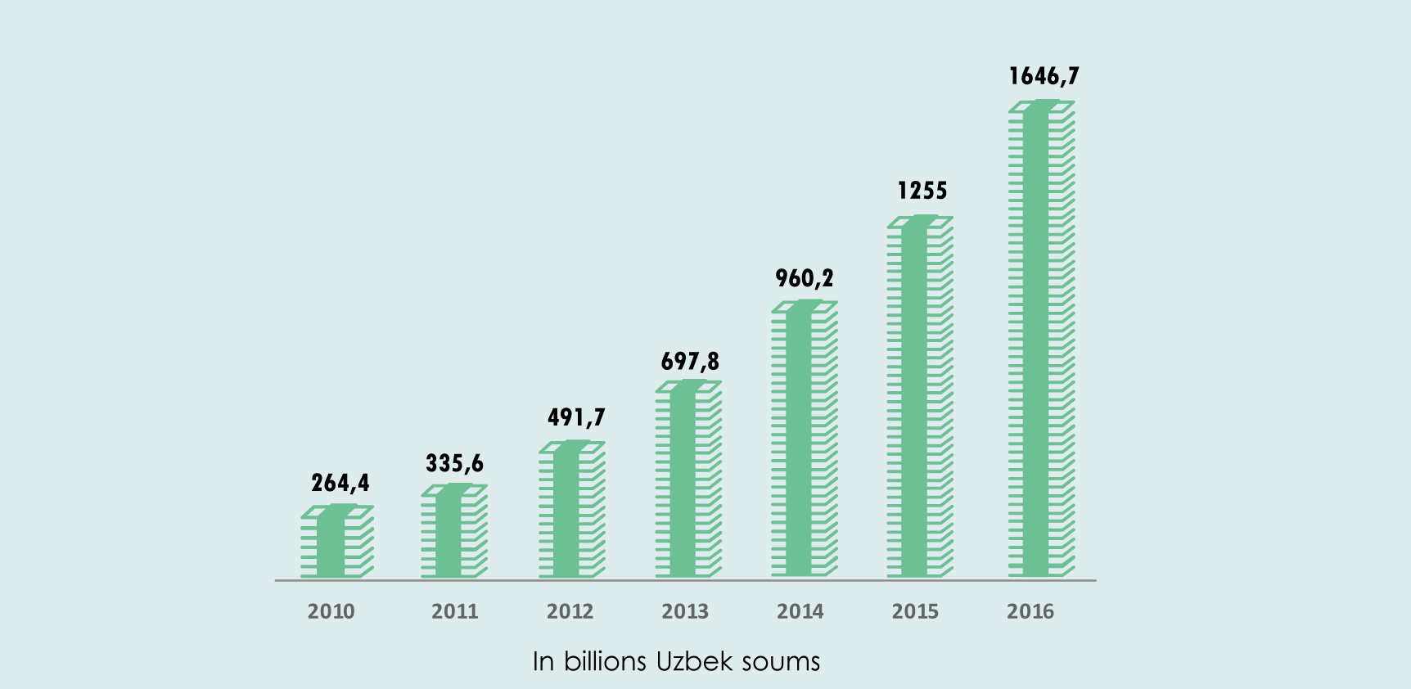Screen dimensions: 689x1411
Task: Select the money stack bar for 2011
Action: coord(453,531)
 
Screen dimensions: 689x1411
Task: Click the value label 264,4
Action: coord(340,484)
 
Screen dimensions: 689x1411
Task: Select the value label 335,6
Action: coord(454,464)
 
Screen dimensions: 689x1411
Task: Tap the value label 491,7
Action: coord(576,417)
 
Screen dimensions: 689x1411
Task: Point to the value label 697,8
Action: coord(690,362)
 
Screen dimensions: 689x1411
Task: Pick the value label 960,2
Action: coord(805,279)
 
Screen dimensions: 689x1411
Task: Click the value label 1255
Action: coord(922,191)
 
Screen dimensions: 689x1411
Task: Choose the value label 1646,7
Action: coord(1044,77)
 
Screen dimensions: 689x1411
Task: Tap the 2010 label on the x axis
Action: coord(331,611)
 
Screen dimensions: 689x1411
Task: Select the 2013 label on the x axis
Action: coord(685,611)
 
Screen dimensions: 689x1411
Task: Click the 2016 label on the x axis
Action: coord(1030,611)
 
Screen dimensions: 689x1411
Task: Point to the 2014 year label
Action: coord(800,611)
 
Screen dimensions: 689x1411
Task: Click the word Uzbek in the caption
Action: coord(694,661)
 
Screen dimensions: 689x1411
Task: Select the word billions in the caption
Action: coord(605,661)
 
